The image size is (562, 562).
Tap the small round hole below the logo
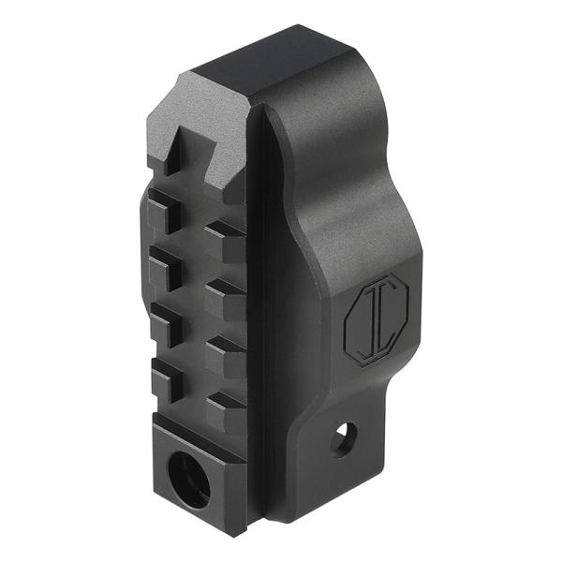346,437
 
